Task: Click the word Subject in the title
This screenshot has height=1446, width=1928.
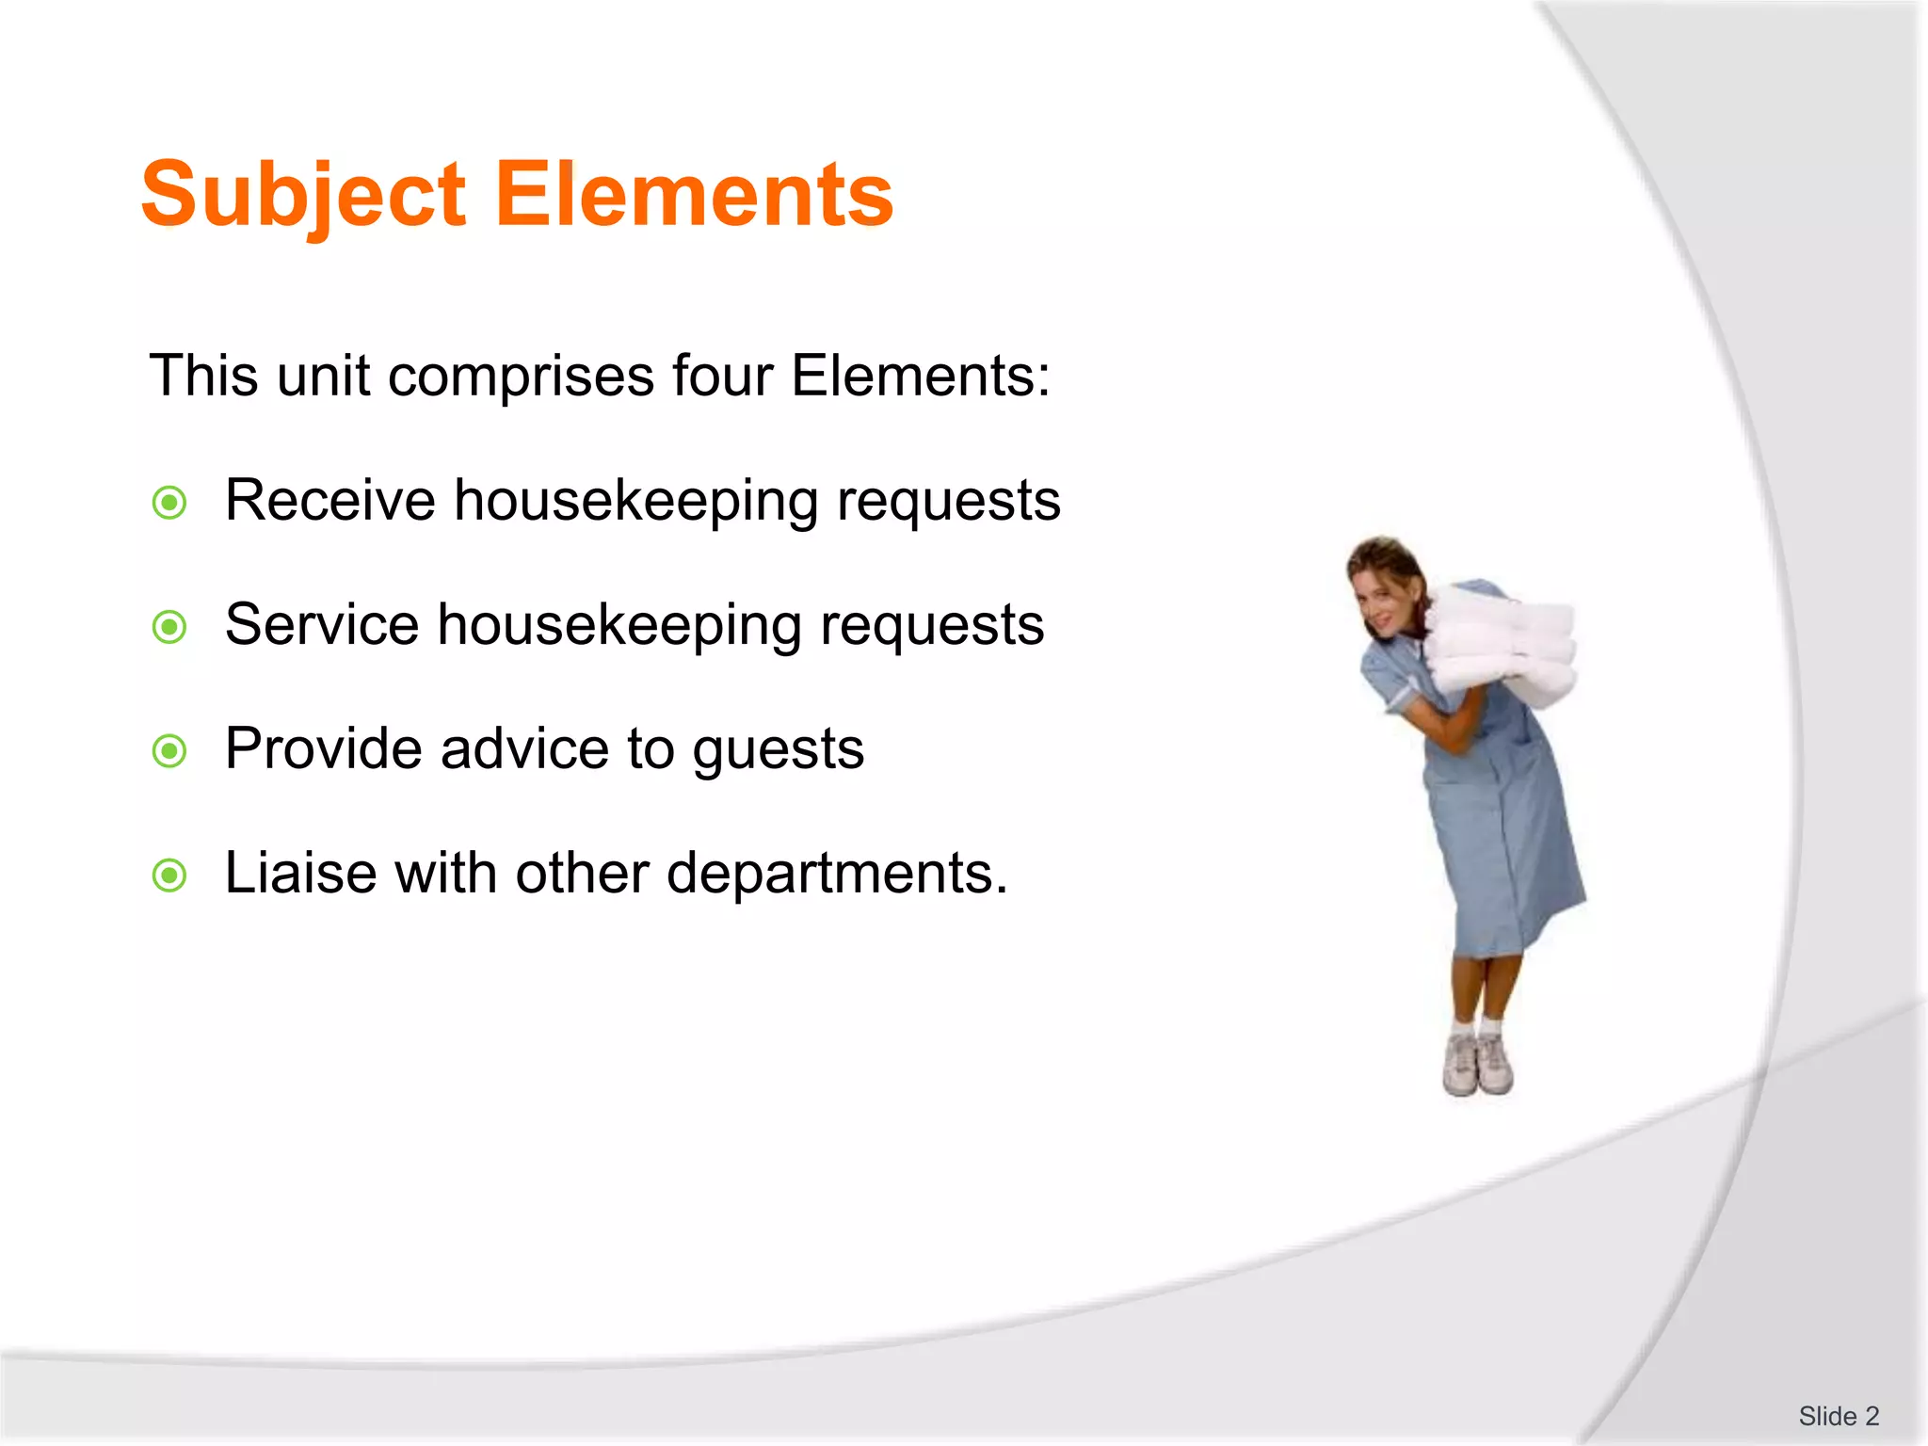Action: point(303,195)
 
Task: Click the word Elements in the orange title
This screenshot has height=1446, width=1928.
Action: point(694,195)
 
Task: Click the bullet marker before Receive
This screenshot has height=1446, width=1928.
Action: point(169,503)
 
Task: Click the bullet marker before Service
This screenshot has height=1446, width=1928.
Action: point(169,627)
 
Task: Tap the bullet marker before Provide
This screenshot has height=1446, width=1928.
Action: point(169,751)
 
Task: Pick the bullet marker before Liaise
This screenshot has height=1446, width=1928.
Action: point(169,876)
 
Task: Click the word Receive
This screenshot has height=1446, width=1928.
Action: point(329,500)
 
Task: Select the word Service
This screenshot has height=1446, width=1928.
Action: point(321,624)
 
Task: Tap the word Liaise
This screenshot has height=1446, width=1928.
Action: point(300,873)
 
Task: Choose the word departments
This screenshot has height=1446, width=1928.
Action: point(837,875)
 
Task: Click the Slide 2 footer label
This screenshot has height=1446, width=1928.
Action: point(1838,1416)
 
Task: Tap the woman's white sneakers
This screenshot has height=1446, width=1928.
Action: point(1478,1064)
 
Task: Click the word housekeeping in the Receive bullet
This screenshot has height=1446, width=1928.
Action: point(635,502)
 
